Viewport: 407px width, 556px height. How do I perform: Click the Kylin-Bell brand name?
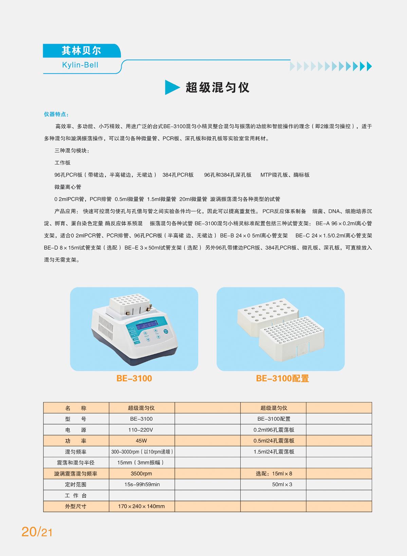click(80, 65)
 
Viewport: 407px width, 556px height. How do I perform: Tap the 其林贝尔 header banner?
click(82, 51)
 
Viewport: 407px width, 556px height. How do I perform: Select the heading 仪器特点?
click(56, 114)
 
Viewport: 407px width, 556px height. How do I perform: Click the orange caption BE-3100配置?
click(282, 378)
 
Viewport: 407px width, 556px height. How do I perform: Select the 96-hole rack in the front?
click(292, 338)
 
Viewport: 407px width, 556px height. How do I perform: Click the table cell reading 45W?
click(141, 441)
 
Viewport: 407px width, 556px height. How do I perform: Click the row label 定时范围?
click(76, 484)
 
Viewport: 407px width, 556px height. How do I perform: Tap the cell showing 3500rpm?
click(141, 473)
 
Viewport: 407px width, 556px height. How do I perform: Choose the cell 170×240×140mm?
click(141, 506)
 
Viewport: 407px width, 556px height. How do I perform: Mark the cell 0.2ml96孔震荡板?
click(274, 430)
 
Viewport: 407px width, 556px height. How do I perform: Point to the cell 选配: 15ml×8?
click(274, 473)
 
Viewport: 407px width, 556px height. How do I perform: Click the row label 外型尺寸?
click(76, 506)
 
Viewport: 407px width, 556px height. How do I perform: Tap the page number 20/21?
click(37, 532)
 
